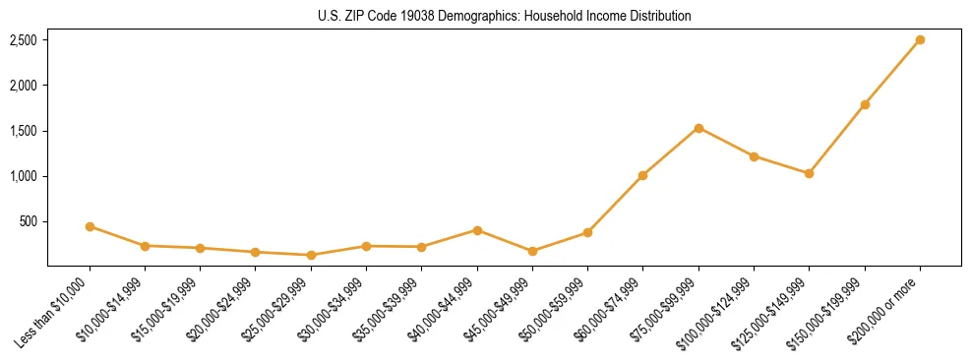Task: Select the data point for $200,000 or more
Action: (920, 40)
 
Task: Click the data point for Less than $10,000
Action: (90, 226)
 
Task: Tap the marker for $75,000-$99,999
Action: (698, 128)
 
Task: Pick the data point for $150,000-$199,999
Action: (865, 104)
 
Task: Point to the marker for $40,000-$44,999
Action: (477, 230)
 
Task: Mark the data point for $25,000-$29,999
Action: (311, 255)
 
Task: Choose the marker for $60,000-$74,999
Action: (642, 175)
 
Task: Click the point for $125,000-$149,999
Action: (809, 173)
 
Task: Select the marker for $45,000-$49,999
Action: (532, 251)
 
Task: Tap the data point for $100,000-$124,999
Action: (754, 156)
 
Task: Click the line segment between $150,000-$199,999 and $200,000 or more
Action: (892, 72)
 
